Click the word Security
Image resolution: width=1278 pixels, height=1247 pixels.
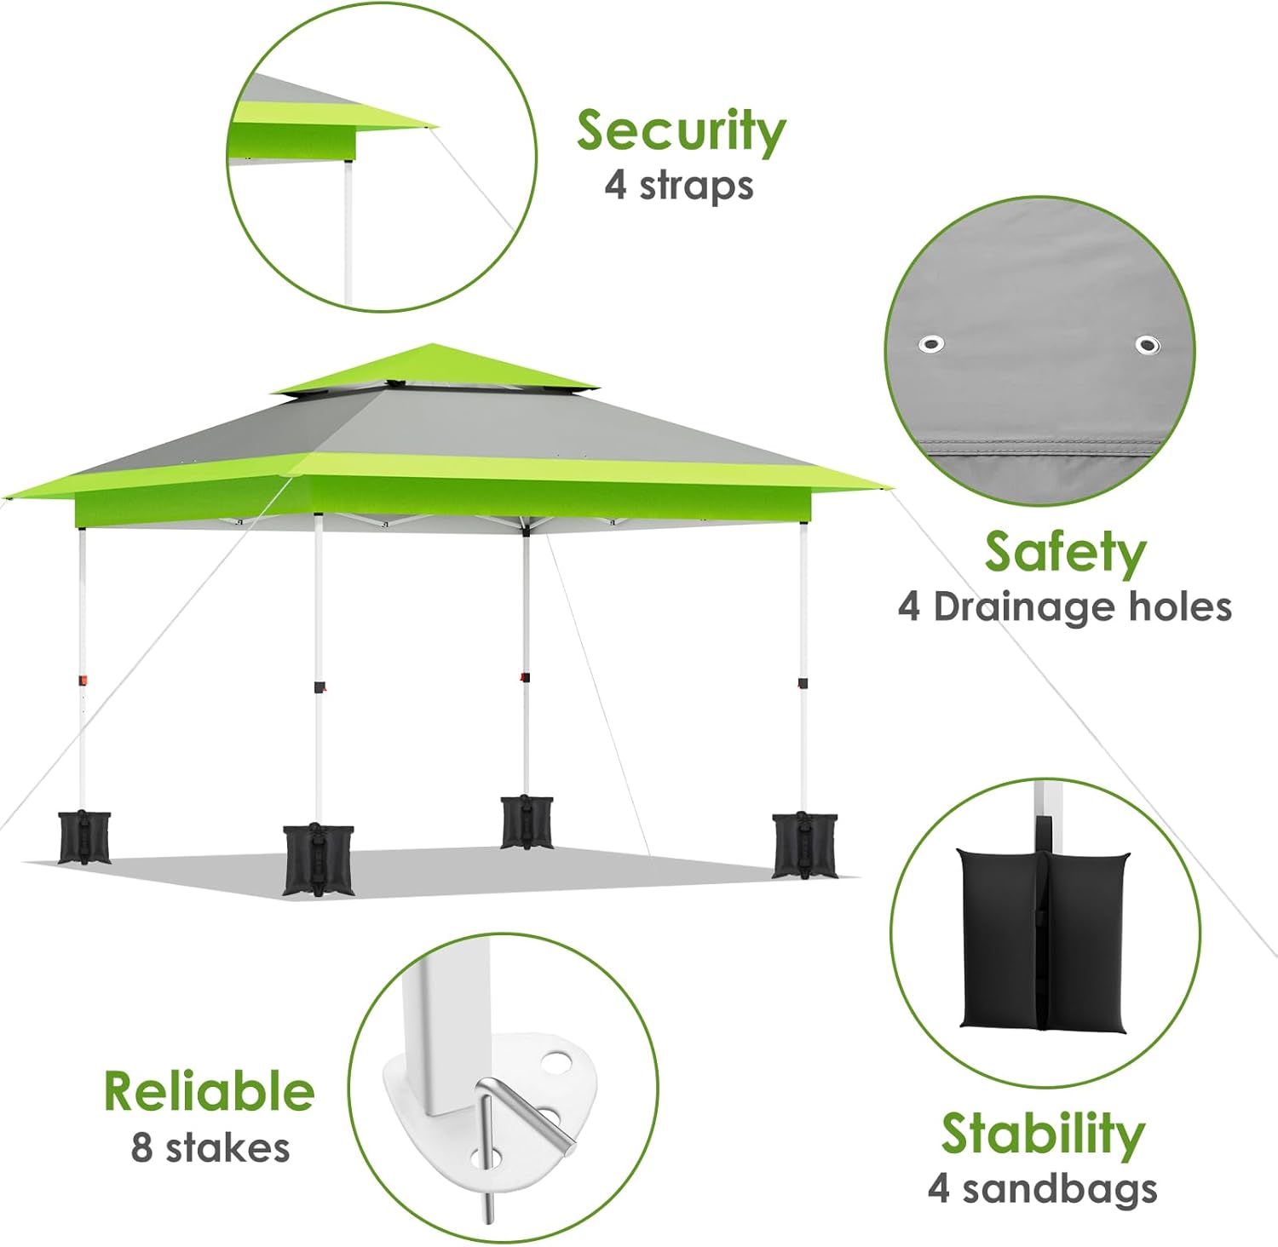pyautogui.click(x=681, y=132)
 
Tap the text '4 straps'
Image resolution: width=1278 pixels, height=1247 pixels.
pyautogui.click(x=679, y=186)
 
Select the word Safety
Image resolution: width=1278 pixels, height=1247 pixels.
pyautogui.click(x=1065, y=553)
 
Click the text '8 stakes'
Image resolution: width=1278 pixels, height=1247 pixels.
pyautogui.click(x=210, y=1147)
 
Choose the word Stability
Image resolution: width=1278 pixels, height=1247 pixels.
pyautogui.click(x=1043, y=1134)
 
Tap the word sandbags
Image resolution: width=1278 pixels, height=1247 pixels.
pyautogui.click(x=1060, y=1188)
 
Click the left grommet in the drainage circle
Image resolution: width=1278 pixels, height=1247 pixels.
pyautogui.click(x=931, y=344)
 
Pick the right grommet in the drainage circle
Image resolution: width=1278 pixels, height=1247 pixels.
pyautogui.click(x=1148, y=345)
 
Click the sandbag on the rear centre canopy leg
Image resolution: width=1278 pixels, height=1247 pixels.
pyautogui.click(x=527, y=822)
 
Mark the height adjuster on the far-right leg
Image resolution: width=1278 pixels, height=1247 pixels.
pyautogui.click(x=802, y=682)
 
